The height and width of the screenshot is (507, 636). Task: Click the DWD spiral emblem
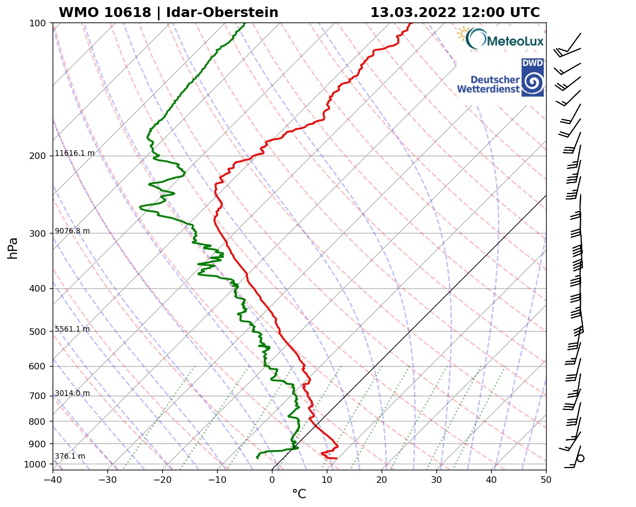[x=532, y=82]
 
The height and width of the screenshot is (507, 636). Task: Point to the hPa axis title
[x=13, y=248]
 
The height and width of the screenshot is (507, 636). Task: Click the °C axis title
[x=299, y=494]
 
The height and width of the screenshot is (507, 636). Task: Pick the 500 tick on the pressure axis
[x=37, y=332]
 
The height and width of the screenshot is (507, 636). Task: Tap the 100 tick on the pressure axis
[x=37, y=23]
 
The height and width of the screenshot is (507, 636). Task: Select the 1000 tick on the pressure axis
[x=35, y=465]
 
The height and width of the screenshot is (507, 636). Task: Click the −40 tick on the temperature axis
[x=53, y=480]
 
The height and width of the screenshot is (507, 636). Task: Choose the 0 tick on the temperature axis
[x=272, y=480]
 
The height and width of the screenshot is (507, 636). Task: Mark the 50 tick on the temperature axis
[x=546, y=480]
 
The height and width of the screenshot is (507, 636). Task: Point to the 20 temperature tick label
[x=382, y=480]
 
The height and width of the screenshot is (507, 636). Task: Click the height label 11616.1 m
[x=75, y=153]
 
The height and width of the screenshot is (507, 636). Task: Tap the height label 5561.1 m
[x=72, y=329]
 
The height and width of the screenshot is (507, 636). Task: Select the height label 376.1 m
[x=70, y=457]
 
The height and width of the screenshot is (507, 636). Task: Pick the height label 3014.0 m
[x=72, y=394]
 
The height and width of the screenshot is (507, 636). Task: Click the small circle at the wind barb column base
[x=581, y=458]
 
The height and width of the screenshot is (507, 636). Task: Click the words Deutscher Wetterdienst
[x=488, y=84]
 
